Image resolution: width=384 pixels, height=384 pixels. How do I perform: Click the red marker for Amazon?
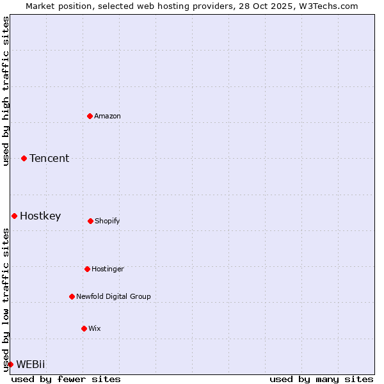[x=90, y=116]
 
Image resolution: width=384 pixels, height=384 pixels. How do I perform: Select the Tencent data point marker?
[x=24, y=158]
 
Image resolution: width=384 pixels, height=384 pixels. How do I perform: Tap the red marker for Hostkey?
[x=14, y=216]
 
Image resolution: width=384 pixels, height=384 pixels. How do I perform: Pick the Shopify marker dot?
[x=90, y=221]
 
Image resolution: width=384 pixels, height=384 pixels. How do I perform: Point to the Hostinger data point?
[x=87, y=269]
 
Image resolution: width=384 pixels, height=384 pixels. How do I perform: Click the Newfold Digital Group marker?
[x=72, y=296]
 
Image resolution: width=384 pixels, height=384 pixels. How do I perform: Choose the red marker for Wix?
[x=84, y=328]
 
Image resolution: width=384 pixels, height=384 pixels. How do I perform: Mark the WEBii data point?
[x=10, y=364]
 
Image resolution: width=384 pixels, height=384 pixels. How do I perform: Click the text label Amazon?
[x=108, y=116]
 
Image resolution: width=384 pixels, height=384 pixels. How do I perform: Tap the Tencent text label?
[x=49, y=158]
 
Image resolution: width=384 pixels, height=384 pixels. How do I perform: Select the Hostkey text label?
[x=40, y=216]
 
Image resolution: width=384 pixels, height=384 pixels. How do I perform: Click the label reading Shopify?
[x=108, y=221]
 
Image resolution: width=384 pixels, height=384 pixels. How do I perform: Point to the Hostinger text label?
[x=108, y=269]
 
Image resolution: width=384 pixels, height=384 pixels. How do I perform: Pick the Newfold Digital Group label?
[x=113, y=296]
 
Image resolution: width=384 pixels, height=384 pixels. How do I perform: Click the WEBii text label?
[x=31, y=364]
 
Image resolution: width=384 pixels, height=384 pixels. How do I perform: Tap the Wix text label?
[x=95, y=328]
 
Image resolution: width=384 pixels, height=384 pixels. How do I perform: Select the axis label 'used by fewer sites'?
[x=66, y=379]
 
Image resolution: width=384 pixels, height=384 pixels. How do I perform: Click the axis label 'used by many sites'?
[x=321, y=379]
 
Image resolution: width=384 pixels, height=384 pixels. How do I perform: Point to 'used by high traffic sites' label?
[x=6, y=91]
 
